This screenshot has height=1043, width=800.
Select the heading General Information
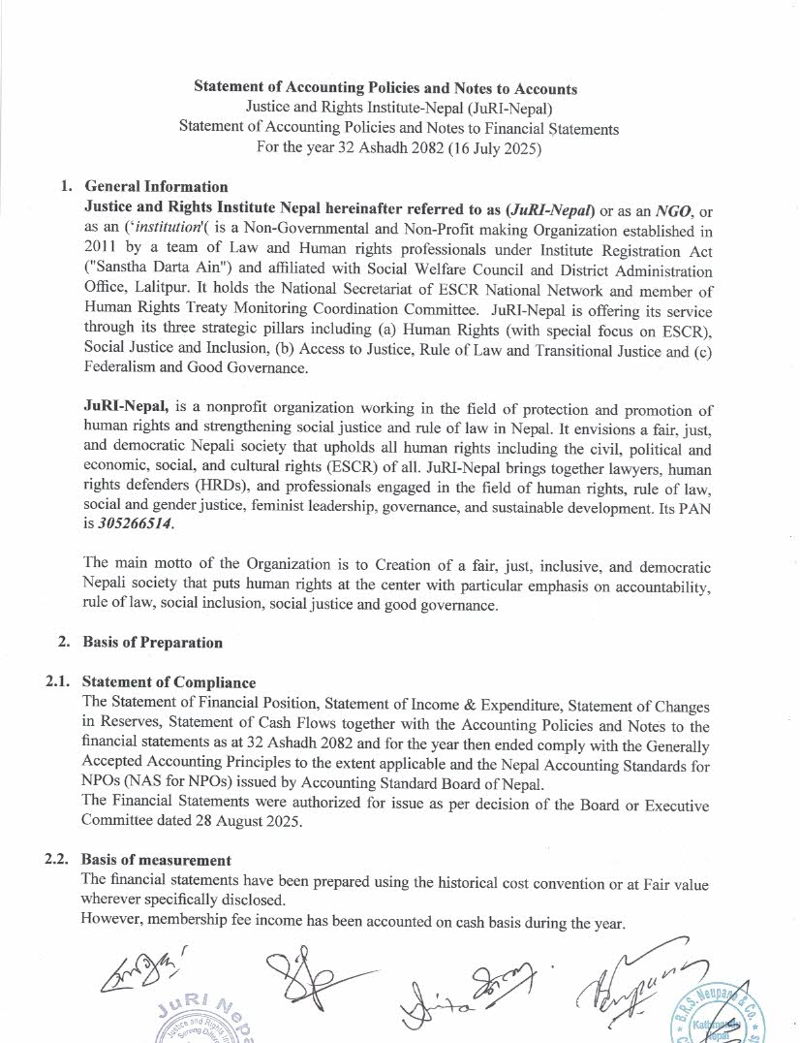click(157, 187)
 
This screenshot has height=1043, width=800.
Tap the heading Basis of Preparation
click(153, 642)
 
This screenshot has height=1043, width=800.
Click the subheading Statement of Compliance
click(169, 683)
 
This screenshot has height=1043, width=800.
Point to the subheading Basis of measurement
click(157, 860)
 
